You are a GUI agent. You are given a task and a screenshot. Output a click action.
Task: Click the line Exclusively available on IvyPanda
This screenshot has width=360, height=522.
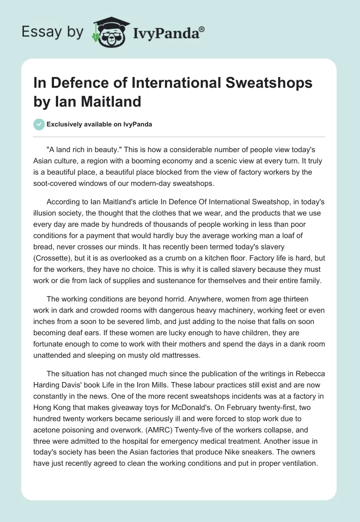(x=99, y=124)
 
